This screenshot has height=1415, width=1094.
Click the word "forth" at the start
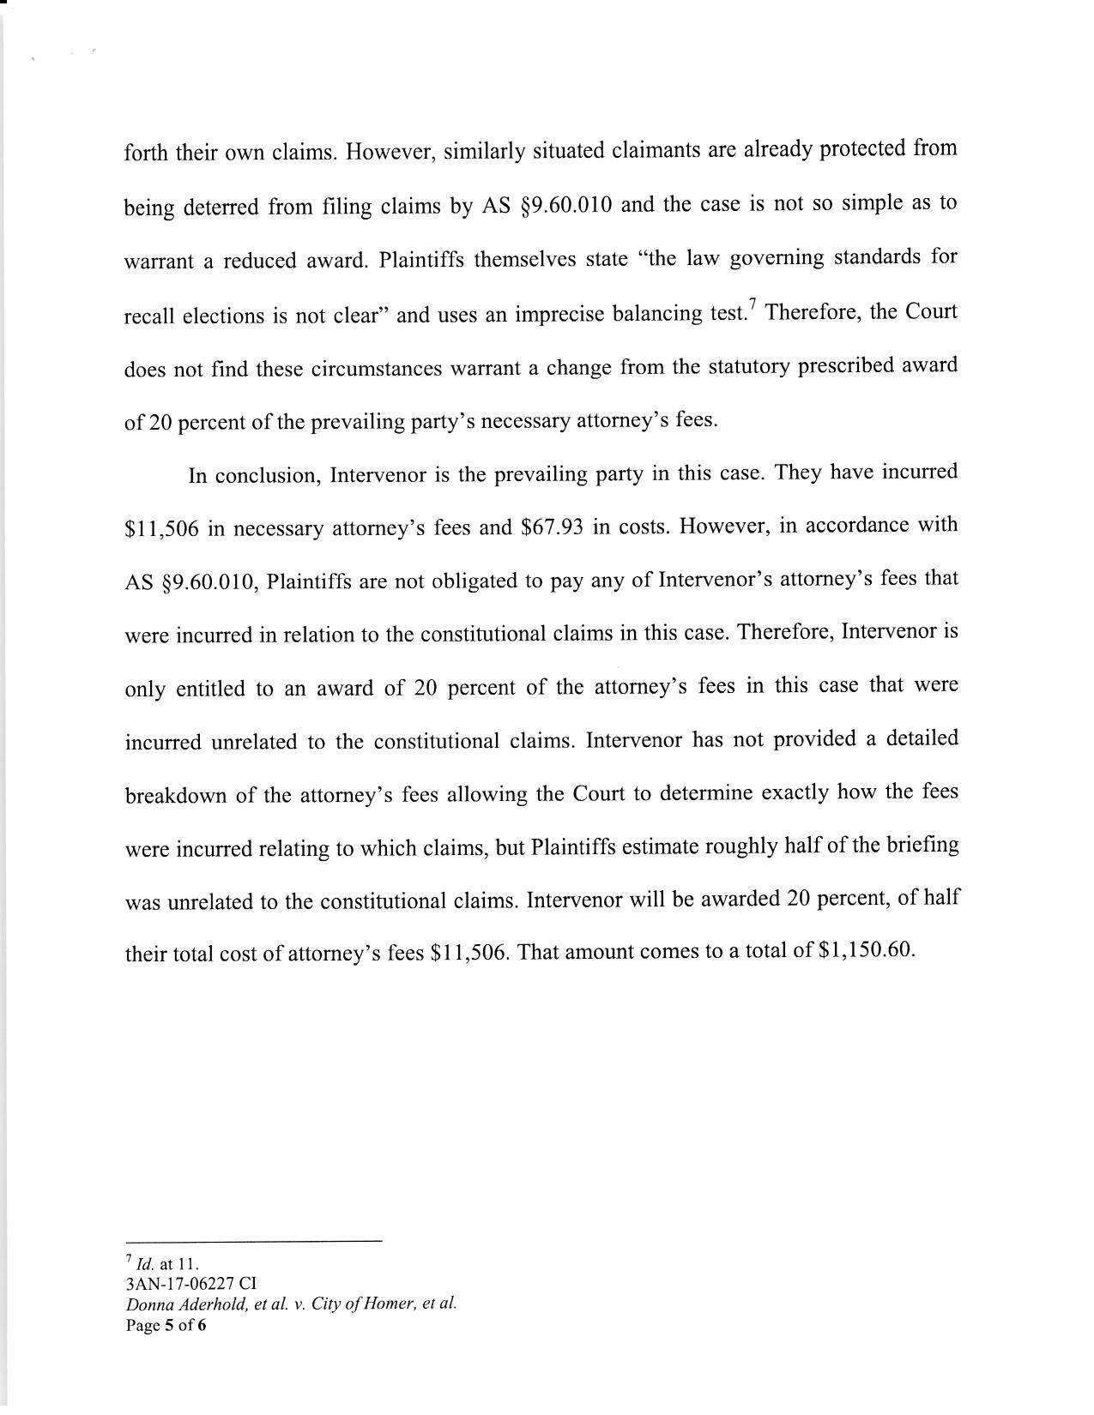tap(147, 154)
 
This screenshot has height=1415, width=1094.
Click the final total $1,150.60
tap(868, 951)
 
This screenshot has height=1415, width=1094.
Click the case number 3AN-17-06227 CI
tap(190, 1284)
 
